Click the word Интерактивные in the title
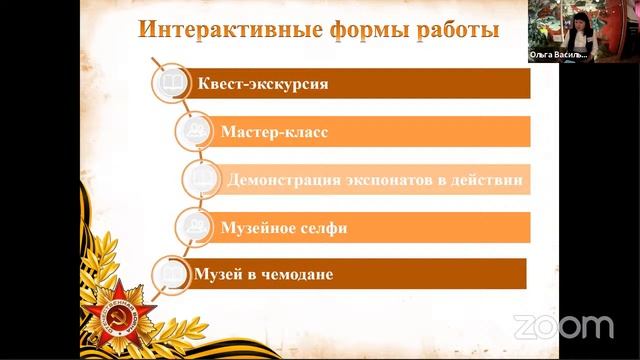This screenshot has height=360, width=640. pyautogui.click(x=212, y=29)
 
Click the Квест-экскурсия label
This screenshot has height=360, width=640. pyautogui.click(x=263, y=83)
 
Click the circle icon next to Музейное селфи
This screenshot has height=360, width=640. pyautogui.click(x=195, y=227)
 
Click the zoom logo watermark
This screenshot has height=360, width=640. pyautogui.click(x=563, y=325)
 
